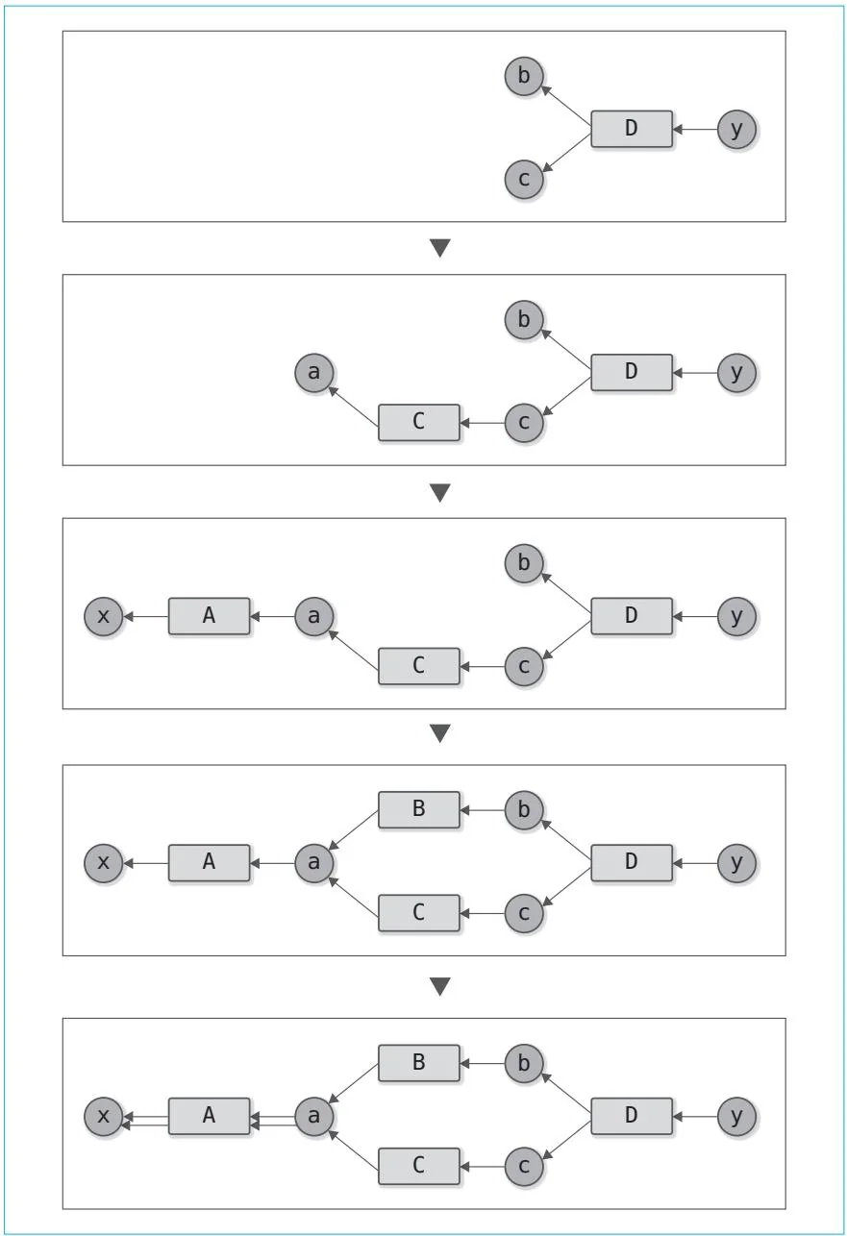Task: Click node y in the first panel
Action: [x=736, y=129]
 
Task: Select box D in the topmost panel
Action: [x=631, y=129]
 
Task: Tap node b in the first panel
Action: [x=524, y=76]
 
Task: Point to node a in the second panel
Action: [x=313, y=371]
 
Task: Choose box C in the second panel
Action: [x=418, y=423]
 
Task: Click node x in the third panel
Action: [x=104, y=616]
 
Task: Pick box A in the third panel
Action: [x=209, y=616]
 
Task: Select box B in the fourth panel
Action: [x=418, y=810]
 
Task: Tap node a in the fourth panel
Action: [x=313, y=862]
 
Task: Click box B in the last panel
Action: [x=418, y=1063]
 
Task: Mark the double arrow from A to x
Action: [x=145, y=1116]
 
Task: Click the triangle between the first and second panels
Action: [x=439, y=249]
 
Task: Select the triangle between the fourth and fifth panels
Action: [x=439, y=987]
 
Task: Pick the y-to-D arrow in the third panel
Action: [x=694, y=616]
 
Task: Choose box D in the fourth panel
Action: [x=631, y=862]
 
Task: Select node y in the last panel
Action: [x=736, y=1116]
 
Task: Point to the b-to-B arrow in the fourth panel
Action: [x=482, y=810]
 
